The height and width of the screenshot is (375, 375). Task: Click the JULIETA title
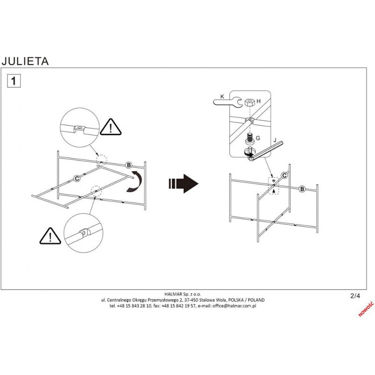click(x=25, y=61)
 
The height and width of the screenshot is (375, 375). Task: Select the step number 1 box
click(x=14, y=81)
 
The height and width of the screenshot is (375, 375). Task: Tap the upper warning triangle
click(x=111, y=127)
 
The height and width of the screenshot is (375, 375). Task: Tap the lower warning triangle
click(x=50, y=236)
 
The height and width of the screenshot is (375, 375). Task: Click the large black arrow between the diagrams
click(x=183, y=183)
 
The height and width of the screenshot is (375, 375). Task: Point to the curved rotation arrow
click(x=135, y=181)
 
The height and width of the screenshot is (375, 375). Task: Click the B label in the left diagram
click(x=129, y=165)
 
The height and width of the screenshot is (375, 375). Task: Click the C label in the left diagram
click(x=77, y=179)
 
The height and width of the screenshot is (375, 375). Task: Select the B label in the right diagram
click(x=302, y=189)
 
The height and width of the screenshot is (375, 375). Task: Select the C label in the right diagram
click(x=285, y=176)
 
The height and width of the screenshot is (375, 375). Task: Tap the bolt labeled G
click(x=250, y=139)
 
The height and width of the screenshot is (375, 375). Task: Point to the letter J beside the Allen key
click(x=275, y=140)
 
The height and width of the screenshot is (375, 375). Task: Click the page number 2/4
click(x=355, y=296)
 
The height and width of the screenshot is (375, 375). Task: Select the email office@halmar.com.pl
click(x=234, y=306)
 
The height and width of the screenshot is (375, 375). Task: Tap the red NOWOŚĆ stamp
click(x=366, y=309)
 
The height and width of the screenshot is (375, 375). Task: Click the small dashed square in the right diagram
click(x=274, y=186)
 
